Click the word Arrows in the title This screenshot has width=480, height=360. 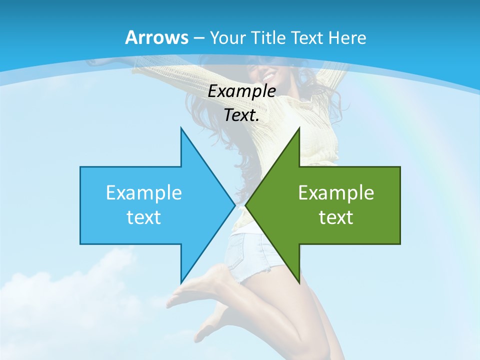tap(157, 37)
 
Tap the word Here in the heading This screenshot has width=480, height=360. tap(348, 37)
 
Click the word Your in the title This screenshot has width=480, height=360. tap(226, 37)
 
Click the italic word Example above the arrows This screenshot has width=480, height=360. tap(242, 91)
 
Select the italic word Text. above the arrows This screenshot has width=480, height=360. tap(242, 115)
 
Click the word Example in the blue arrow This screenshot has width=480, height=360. tap(144, 193)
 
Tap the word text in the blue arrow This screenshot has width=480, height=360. tap(144, 217)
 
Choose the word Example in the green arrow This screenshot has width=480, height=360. tap(336, 193)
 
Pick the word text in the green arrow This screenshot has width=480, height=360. tap(336, 217)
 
